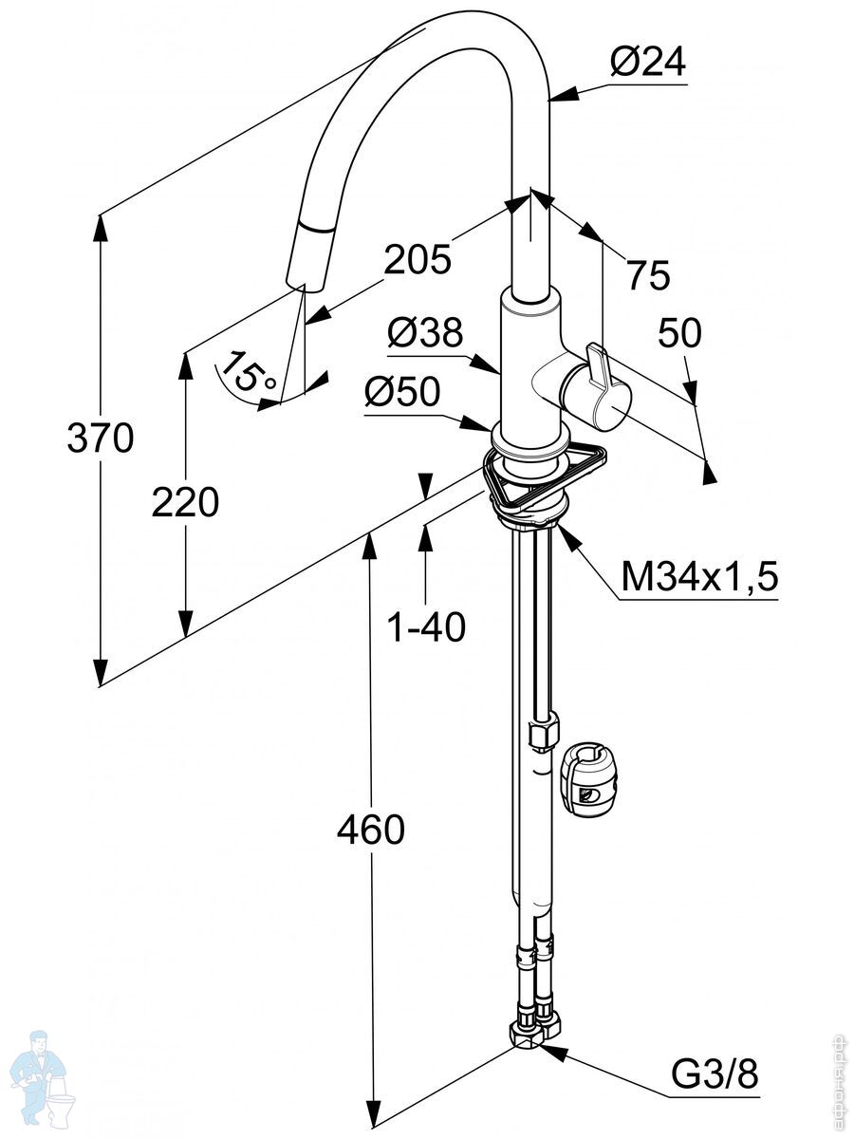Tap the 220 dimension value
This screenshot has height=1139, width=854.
[x=185, y=502]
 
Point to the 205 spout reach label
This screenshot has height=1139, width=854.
[x=418, y=258]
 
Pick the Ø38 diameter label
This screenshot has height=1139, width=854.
[x=425, y=333]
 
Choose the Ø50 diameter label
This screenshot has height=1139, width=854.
[x=403, y=393]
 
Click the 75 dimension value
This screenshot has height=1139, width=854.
[x=648, y=275]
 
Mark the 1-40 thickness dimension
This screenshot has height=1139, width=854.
[x=427, y=626]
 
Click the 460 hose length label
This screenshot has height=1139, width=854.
[x=371, y=831]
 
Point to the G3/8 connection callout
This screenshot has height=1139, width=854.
[x=715, y=1075]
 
